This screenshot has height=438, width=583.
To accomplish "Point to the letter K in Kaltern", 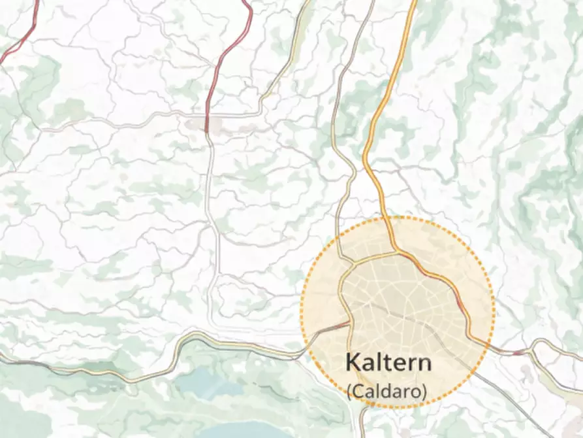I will pyautogui.click(x=353, y=363).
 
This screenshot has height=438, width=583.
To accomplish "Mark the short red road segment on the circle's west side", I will pyautogui.click(x=338, y=325).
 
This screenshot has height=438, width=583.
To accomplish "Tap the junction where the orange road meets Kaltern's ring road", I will pyautogui.click(x=396, y=251).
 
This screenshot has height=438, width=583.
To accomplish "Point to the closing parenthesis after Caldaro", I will pyautogui.click(x=424, y=392).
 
